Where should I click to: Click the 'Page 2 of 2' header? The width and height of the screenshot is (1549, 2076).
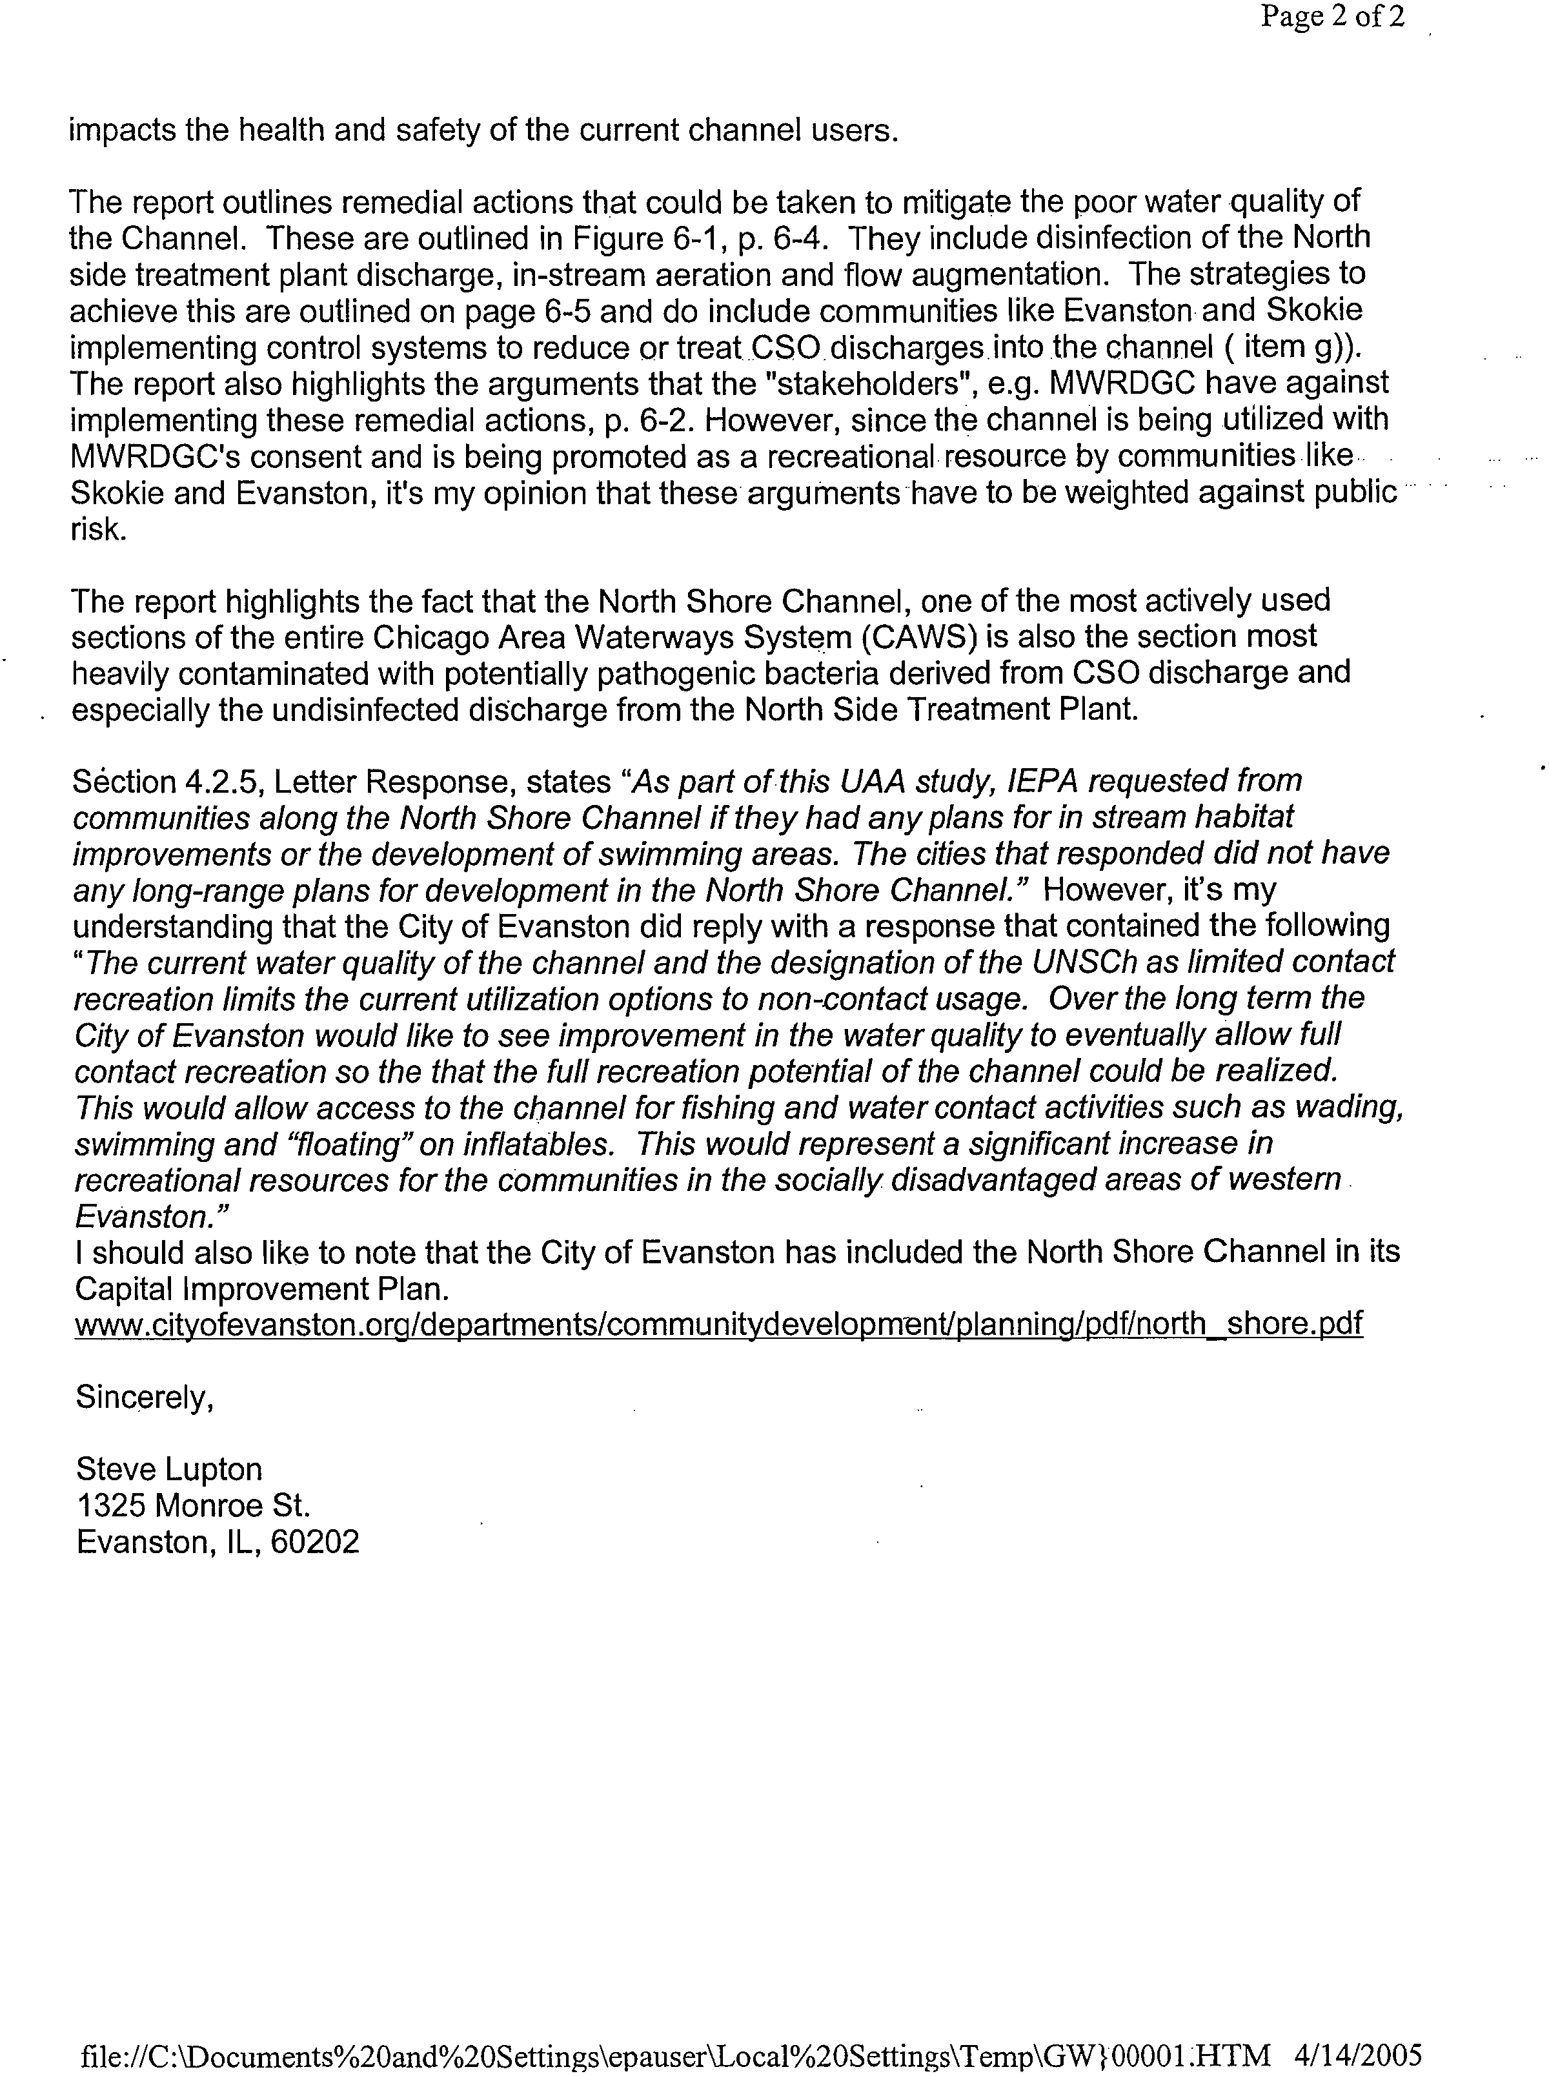pyautogui.click(x=1331, y=18)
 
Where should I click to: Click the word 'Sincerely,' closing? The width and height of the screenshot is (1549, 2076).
pyautogui.click(x=145, y=1398)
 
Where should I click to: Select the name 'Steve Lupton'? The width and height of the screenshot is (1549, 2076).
pyautogui.click(x=169, y=1469)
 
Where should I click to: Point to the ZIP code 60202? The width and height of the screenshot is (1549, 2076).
pyautogui.click(x=314, y=1542)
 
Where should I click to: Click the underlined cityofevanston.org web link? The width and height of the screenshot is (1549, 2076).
pyautogui.click(x=717, y=1324)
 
